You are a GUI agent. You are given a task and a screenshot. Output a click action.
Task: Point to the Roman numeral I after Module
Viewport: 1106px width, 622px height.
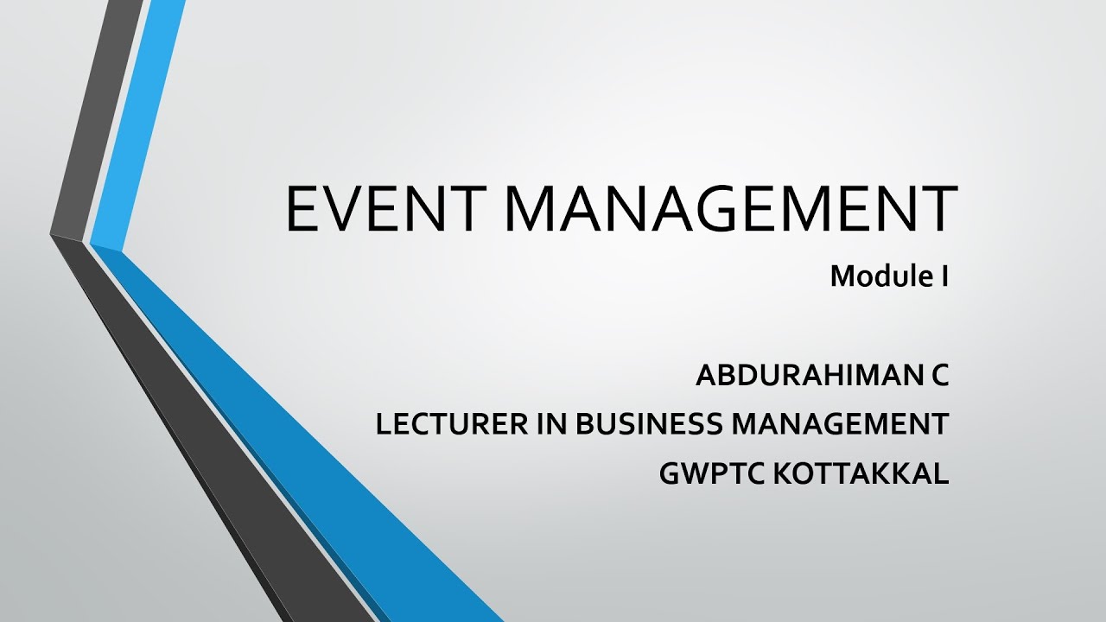[945, 276]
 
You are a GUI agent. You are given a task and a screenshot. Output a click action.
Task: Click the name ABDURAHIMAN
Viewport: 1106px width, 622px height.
[803, 376]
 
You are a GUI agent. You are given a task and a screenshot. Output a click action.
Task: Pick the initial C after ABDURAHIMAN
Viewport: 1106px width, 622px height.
[940, 376]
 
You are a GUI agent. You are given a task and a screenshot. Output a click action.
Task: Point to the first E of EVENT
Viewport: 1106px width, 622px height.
[301, 209]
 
